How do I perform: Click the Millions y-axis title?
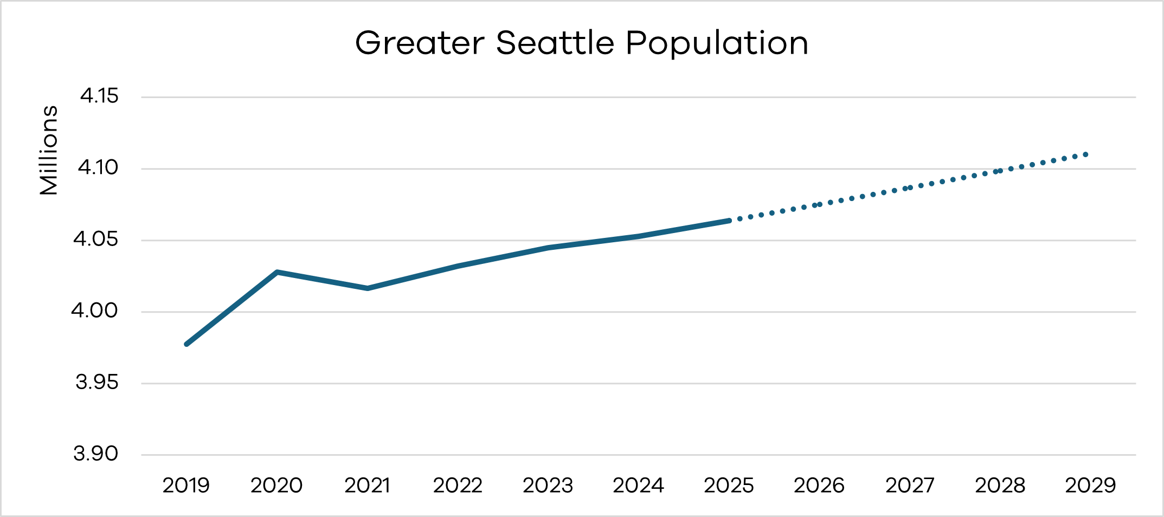coord(49,150)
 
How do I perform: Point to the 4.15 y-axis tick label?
coord(99,96)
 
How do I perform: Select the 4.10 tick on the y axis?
coord(98,168)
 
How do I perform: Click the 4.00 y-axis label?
coord(94,311)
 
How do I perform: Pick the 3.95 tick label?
coord(97,383)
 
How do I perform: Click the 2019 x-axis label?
coord(186,486)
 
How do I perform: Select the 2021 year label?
coord(367,486)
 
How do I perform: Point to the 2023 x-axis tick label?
coord(548,486)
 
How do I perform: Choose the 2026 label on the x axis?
coord(819,486)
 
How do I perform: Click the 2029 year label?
coord(1090,486)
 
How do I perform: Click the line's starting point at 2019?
coord(187,344)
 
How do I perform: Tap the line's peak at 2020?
coord(277,272)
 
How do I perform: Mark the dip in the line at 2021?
coord(368,288)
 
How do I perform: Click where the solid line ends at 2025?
coord(729,221)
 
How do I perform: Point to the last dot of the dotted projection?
coord(1086,154)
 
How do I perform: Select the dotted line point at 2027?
coord(910,188)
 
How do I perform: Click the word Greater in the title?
coord(420,43)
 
